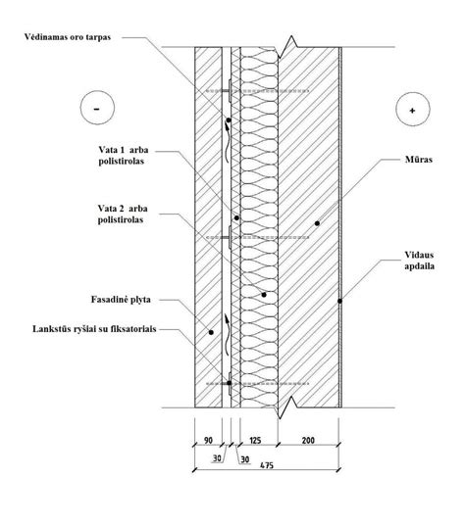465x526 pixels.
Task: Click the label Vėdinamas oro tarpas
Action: coord(68,37)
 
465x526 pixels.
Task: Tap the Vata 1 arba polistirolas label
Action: coord(124,156)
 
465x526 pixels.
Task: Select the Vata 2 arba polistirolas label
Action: coord(123,214)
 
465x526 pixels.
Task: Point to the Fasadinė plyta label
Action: coord(121,299)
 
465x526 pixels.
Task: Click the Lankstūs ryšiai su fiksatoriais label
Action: coord(94,329)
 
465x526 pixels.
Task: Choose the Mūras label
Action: coord(419,160)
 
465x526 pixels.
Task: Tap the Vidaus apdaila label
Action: coord(419,261)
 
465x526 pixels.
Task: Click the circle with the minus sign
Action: coord(97,108)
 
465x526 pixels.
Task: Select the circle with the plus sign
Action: coord(413,110)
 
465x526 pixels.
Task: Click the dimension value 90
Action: coord(208,440)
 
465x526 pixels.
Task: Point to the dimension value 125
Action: coord(256,440)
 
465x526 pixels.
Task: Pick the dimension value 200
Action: coord(308,440)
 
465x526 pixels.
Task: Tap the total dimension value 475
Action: coord(267,465)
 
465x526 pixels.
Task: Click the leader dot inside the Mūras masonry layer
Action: coord(317,223)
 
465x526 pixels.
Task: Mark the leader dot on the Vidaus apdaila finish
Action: coord(339,301)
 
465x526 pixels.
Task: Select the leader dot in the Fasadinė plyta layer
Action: coord(211,332)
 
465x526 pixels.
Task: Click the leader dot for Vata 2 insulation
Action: coord(264,295)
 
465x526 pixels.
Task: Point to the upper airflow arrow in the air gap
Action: coord(228,142)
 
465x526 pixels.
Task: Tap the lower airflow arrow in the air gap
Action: coord(228,335)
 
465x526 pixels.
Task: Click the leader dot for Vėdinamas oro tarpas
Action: coord(229,120)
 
